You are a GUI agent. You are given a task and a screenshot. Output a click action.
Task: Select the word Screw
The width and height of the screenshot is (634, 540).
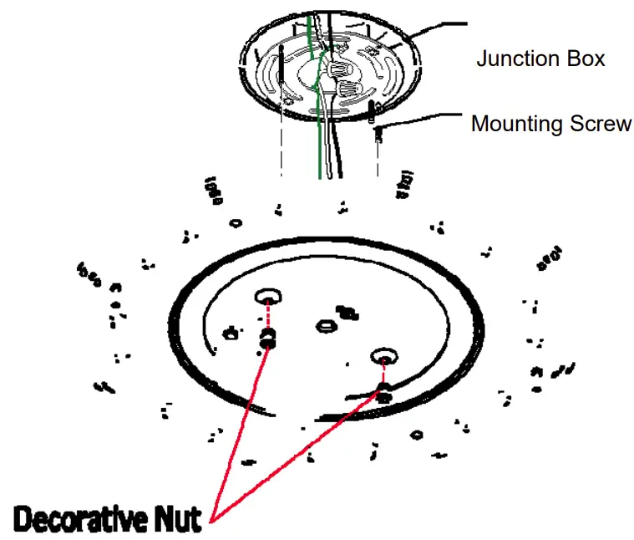click(600, 125)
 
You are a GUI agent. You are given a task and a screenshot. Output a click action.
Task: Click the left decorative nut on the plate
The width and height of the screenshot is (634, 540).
click(269, 339)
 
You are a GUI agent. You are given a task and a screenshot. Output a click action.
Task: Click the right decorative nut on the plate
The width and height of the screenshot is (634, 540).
click(383, 390)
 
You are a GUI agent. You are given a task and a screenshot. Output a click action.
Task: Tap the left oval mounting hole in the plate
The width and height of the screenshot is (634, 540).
click(269, 296)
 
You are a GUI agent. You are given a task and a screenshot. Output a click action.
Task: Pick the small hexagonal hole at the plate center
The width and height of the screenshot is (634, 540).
click(325, 325)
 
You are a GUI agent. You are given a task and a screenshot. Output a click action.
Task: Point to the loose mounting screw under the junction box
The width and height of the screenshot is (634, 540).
click(378, 132)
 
